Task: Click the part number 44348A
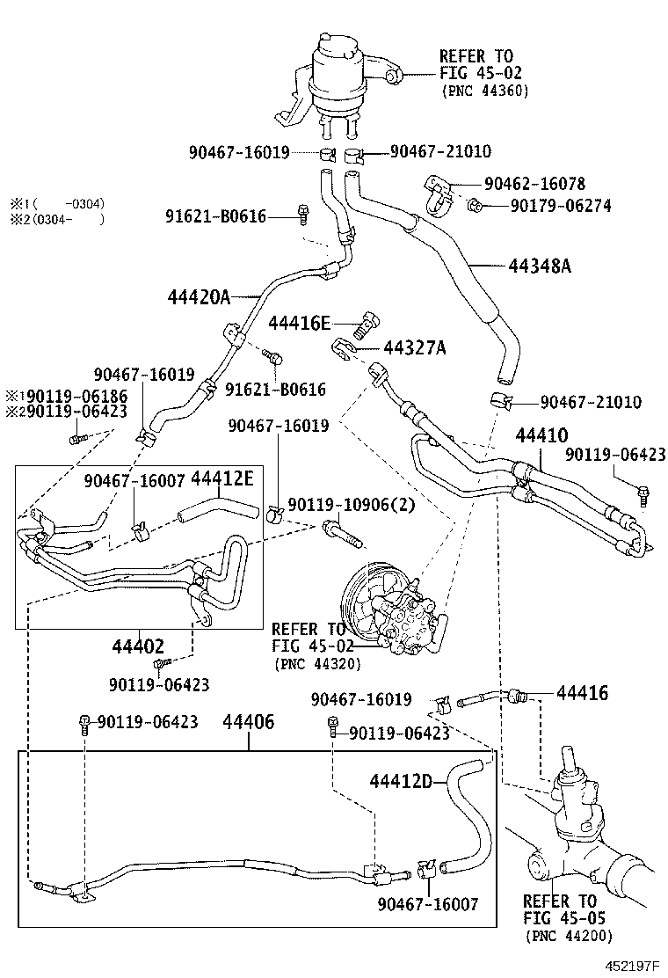tap(539, 265)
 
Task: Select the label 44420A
tap(198, 297)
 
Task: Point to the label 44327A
tap(414, 348)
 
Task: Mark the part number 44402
tap(139, 646)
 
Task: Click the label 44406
tap(249, 723)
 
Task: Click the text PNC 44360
tap(485, 90)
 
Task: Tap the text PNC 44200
tap(570, 936)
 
